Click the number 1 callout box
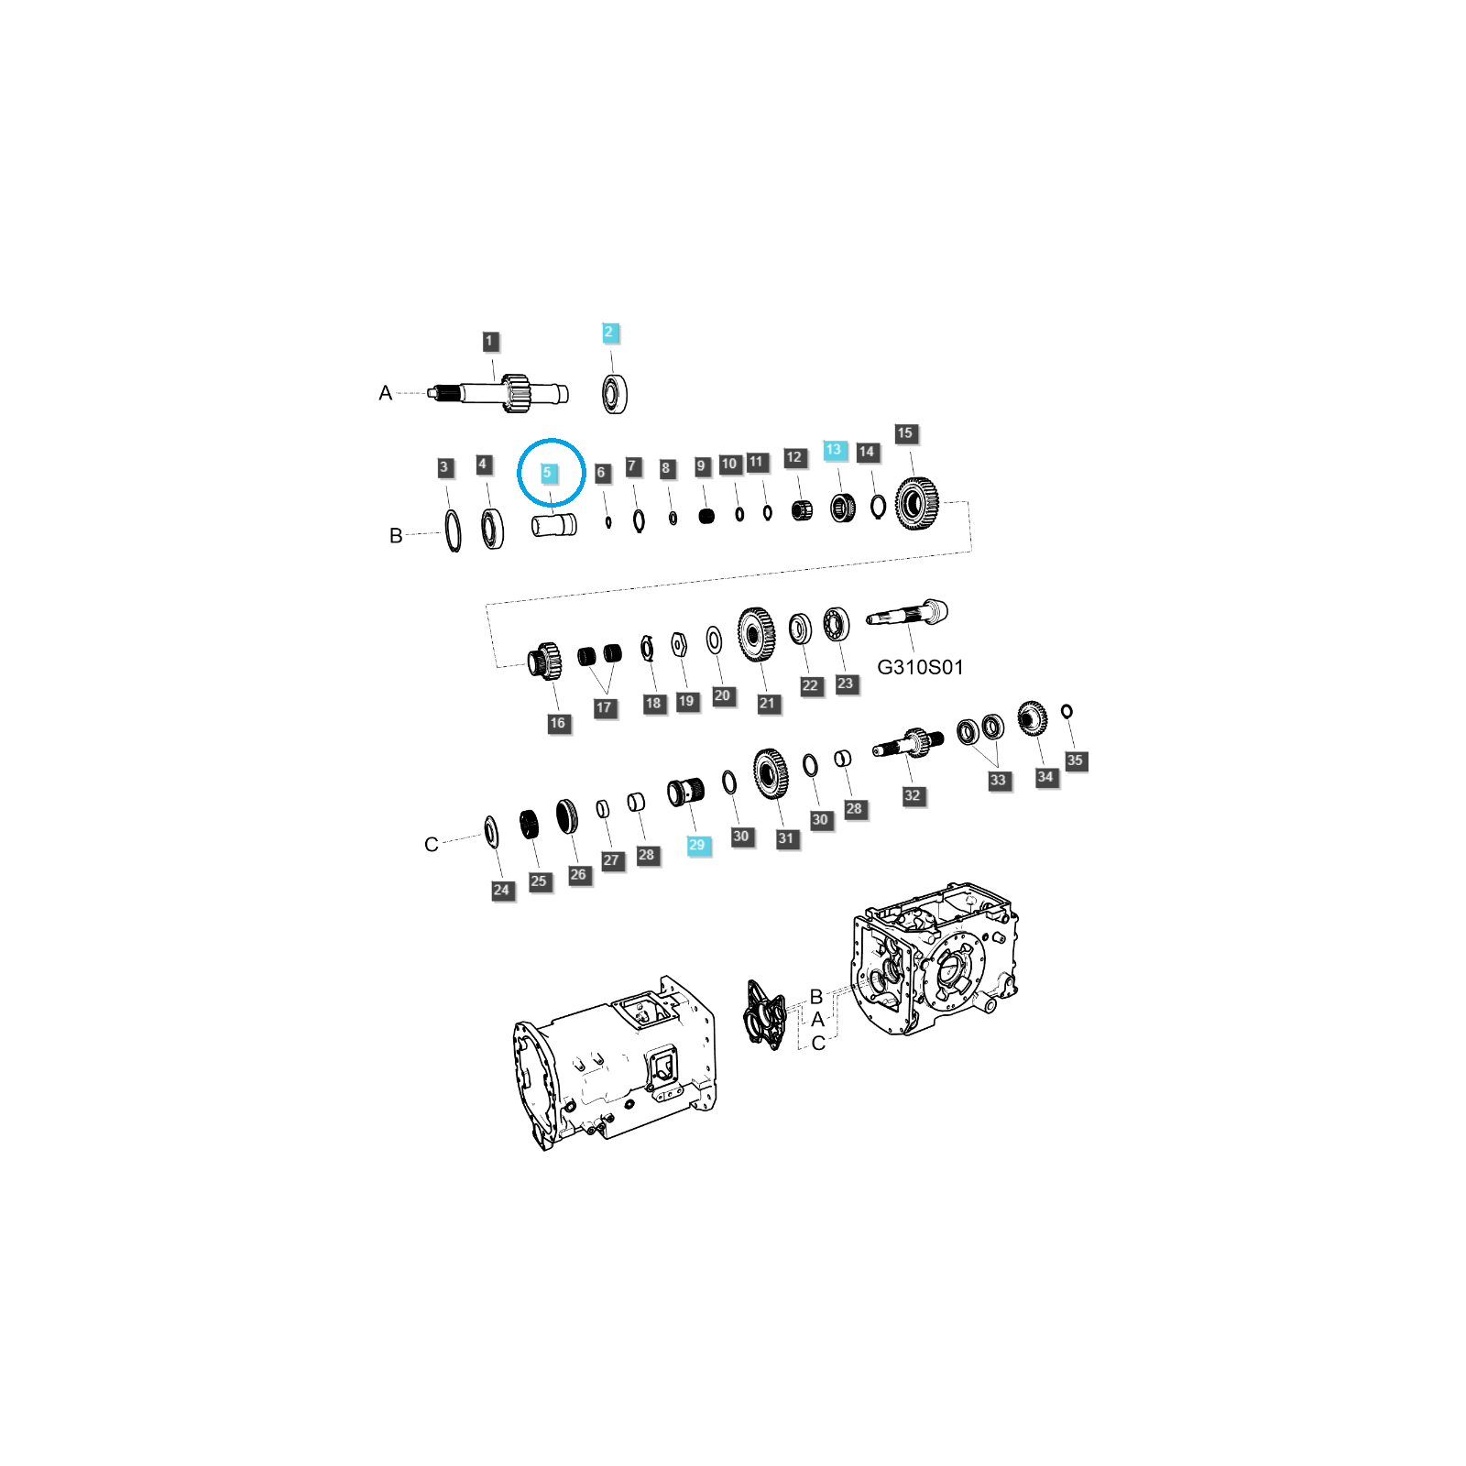coord(490,342)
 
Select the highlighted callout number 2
coord(610,333)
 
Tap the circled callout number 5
coord(548,474)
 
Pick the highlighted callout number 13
coord(834,450)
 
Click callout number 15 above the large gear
coord(905,433)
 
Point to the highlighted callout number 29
coord(698,845)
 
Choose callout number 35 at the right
coord(1076,760)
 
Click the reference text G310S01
coord(920,667)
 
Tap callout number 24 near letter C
coord(502,890)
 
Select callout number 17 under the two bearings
coord(604,707)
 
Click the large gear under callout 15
coord(916,503)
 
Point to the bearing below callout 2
coord(615,394)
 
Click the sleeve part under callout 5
coord(554,526)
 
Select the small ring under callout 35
coord(1067,711)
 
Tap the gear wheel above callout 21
coord(757,634)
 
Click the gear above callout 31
coord(771,774)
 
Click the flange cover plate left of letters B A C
coord(765,1015)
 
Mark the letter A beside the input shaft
coord(385,393)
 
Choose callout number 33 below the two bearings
coord(999,781)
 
